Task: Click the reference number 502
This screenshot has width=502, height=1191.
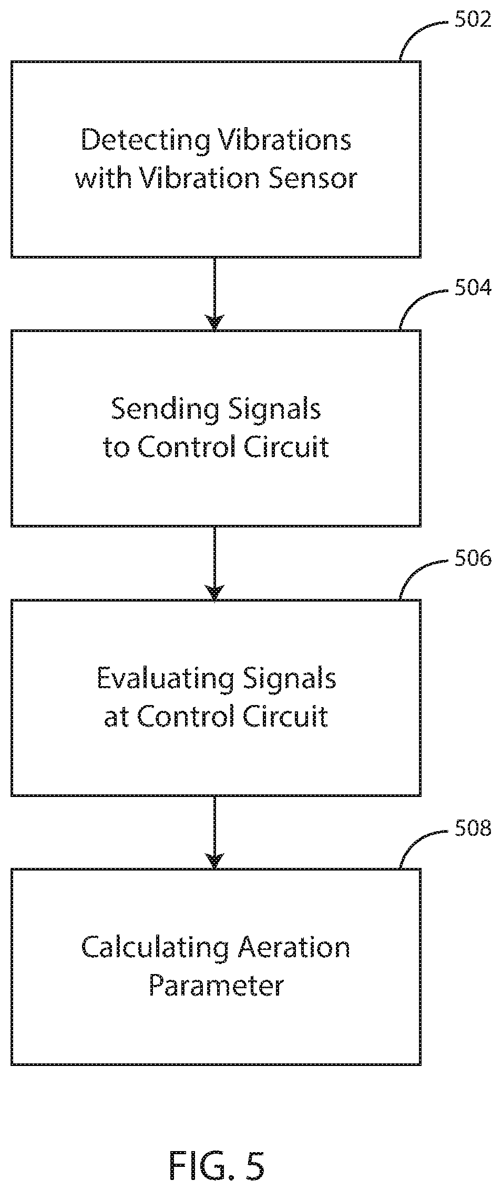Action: pyautogui.click(x=473, y=20)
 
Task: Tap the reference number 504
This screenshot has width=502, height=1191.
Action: pyautogui.click(x=473, y=289)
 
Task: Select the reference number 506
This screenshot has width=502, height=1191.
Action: pyautogui.click(x=473, y=558)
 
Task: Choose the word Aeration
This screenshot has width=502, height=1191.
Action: pyautogui.click(x=294, y=948)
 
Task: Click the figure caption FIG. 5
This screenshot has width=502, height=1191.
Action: pyautogui.click(x=216, y=1165)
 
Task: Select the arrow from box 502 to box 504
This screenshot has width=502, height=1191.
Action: pyautogui.click(x=214, y=294)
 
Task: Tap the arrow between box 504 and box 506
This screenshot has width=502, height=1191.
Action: pyautogui.click(x=214, y=563)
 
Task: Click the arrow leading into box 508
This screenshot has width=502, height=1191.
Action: pyautogui.click(x=214, y=832)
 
